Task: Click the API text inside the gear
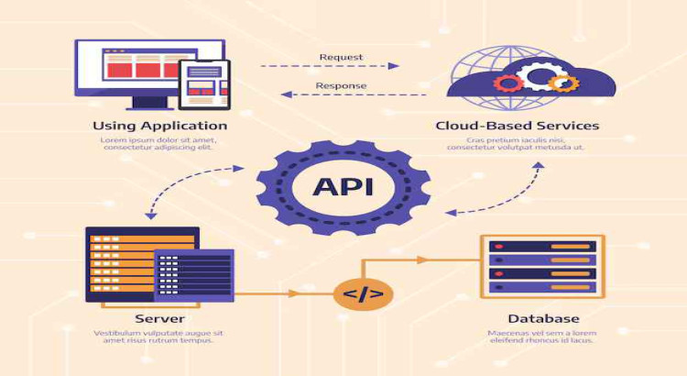[342, 188]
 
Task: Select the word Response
[341, 85]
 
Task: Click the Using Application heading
[159, 126]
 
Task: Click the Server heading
[154, 318]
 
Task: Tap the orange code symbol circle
[364, 294]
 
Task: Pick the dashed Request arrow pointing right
[330, 66]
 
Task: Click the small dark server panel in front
[193, 275]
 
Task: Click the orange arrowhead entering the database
[422, 260]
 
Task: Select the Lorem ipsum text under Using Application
[159, 143]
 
